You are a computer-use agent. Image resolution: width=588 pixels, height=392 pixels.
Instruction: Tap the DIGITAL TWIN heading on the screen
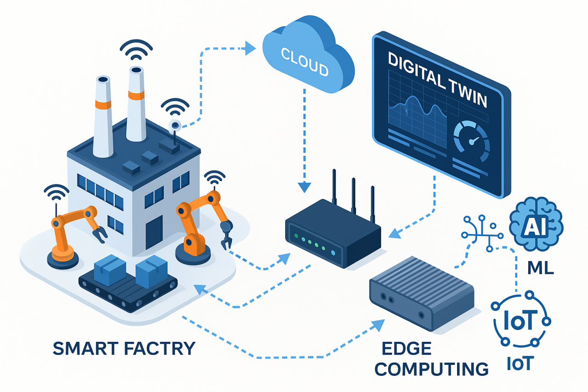pyautogui.click(x=436, y=80)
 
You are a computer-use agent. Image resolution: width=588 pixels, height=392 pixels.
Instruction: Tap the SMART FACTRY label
pyautogui.click(x=124, y=348)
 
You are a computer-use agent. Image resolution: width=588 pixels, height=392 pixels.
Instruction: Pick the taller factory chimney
pyautogui.click(x=136, y=103)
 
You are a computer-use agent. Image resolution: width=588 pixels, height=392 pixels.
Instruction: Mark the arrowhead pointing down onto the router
pyautogui.click(x=304, y=187)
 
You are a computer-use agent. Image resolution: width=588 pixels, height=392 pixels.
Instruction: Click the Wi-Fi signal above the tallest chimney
pyautogui.click(x=136, y=51)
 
